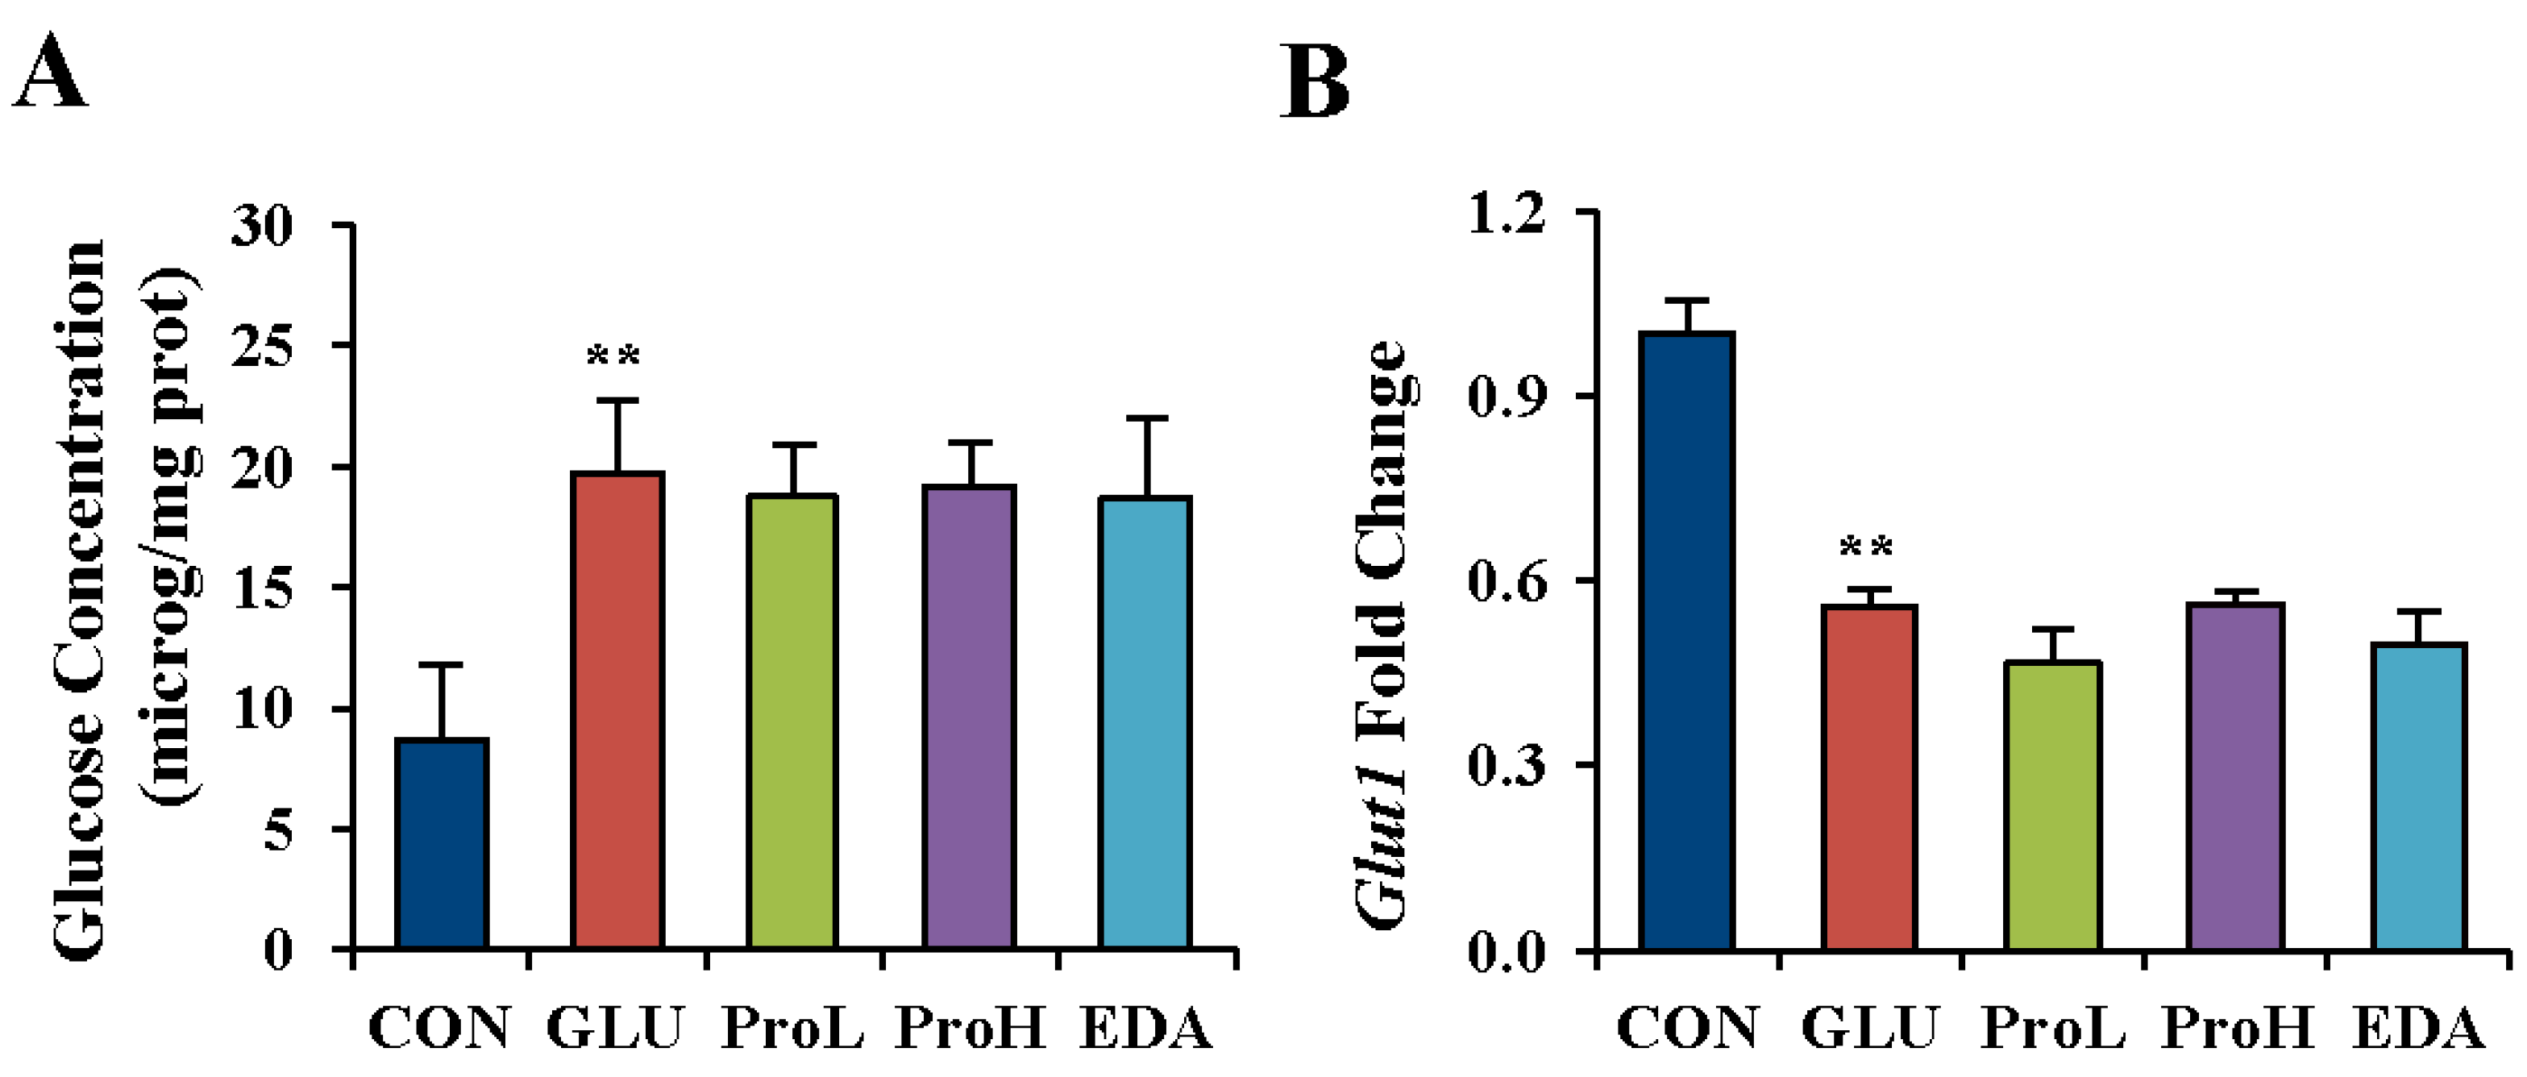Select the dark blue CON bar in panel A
(442, 843)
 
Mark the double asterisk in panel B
(1866, 547)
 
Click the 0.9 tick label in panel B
(1506, 397)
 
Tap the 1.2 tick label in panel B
(1506, 213)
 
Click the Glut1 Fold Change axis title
(1383, 633)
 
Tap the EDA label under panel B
(2418, 1028)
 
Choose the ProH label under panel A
(969, 1028)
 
